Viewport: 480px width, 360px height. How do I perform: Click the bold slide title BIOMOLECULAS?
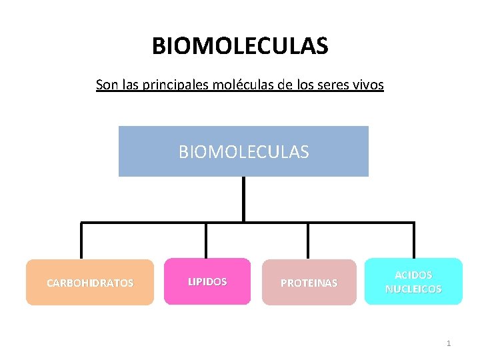tap(240, 47)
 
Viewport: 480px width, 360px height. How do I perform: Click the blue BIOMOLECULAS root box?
tap(243, 167)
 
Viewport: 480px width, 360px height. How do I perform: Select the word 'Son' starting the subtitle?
tap(105, 85)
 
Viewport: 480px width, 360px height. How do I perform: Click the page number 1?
tap(449, 343)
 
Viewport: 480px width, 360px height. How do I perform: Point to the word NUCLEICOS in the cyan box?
tap(413, 289)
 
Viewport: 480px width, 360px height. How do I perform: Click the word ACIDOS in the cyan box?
tap(413, 275)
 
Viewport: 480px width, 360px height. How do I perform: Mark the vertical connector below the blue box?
tap(243, 199)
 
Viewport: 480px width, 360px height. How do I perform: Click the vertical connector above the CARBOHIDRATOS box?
tap(81, 241)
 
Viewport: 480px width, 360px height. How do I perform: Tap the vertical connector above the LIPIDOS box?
tap(206, 241)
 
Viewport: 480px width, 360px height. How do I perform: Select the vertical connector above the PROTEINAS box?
tap(308, 241)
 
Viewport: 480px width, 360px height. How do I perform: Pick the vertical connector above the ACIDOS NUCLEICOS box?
tap(413, 240)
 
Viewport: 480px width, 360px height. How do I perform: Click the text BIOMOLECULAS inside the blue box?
tap(243, 152)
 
